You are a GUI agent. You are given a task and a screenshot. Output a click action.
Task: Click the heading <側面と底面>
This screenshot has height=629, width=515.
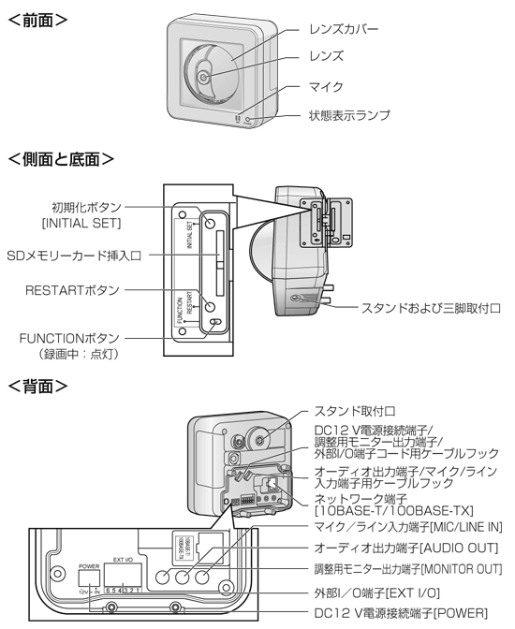[x=62, y=159]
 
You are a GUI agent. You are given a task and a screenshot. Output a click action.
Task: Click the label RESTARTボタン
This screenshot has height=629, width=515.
[x=72, y=290]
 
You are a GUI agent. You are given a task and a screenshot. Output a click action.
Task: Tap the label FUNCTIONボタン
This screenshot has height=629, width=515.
[x=74, y=335]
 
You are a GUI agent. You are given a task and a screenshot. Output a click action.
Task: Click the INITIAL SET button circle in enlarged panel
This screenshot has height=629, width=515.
[x=212, y=225]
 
